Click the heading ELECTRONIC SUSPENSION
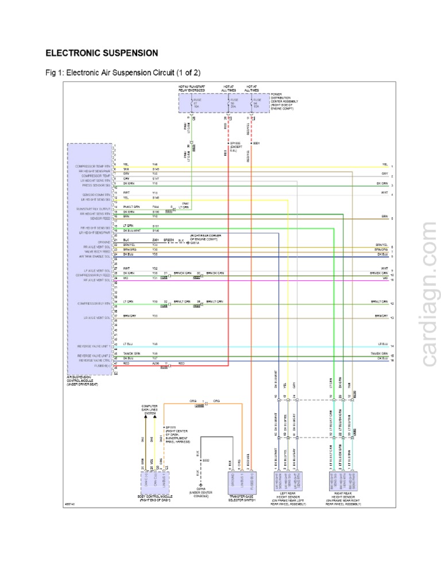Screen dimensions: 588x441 pos(102,53)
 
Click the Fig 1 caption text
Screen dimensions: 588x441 pos(123,73)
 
